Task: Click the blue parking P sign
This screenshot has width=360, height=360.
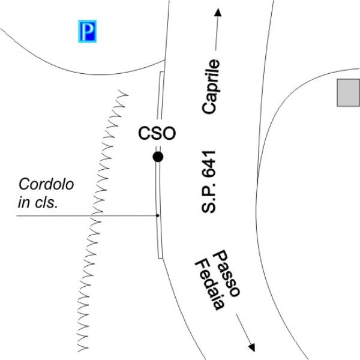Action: click(x=88, y=31)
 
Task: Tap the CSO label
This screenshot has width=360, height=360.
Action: click(x=157, y=133)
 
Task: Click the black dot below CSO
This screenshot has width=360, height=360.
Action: click(x=158, y=157)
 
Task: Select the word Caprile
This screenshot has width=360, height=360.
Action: click(x=211, y=86)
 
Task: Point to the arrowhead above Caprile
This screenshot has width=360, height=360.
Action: click(x=218, y=13)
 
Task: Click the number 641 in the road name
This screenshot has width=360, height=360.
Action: click(x=209, y=163)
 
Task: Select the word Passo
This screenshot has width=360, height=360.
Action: click(x=227, y=273)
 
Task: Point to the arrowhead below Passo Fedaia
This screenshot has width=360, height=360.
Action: click(x=252, y=347)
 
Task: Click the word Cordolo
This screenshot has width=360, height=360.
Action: click(x=46, y=184)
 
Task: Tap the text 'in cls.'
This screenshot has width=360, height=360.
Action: click(x=38, y=203)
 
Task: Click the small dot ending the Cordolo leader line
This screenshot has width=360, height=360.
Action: click(x=157, y=215)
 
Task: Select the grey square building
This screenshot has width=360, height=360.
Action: click(x=348, y=92)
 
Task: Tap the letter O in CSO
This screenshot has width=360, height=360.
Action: click(x=169, y=133)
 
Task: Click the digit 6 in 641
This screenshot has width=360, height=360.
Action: click(x=209, y=172)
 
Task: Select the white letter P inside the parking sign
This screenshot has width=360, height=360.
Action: click(x=88, y=31)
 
